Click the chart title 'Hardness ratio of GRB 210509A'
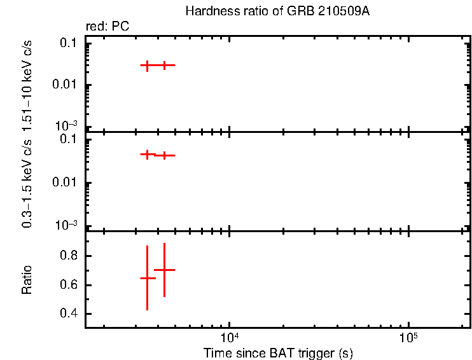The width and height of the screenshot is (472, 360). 277,11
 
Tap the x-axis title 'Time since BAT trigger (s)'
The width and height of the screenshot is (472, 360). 277,353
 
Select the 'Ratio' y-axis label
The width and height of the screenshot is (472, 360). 27,279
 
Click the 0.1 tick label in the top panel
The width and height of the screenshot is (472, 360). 69,43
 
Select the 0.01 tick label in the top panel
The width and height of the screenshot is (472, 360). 66,85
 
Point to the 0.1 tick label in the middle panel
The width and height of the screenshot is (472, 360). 69,141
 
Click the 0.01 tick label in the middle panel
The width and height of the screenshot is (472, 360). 66,183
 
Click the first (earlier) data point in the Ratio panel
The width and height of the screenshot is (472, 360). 147,278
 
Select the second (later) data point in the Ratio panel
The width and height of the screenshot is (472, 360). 164,270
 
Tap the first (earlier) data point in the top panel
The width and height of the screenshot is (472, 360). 147,65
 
